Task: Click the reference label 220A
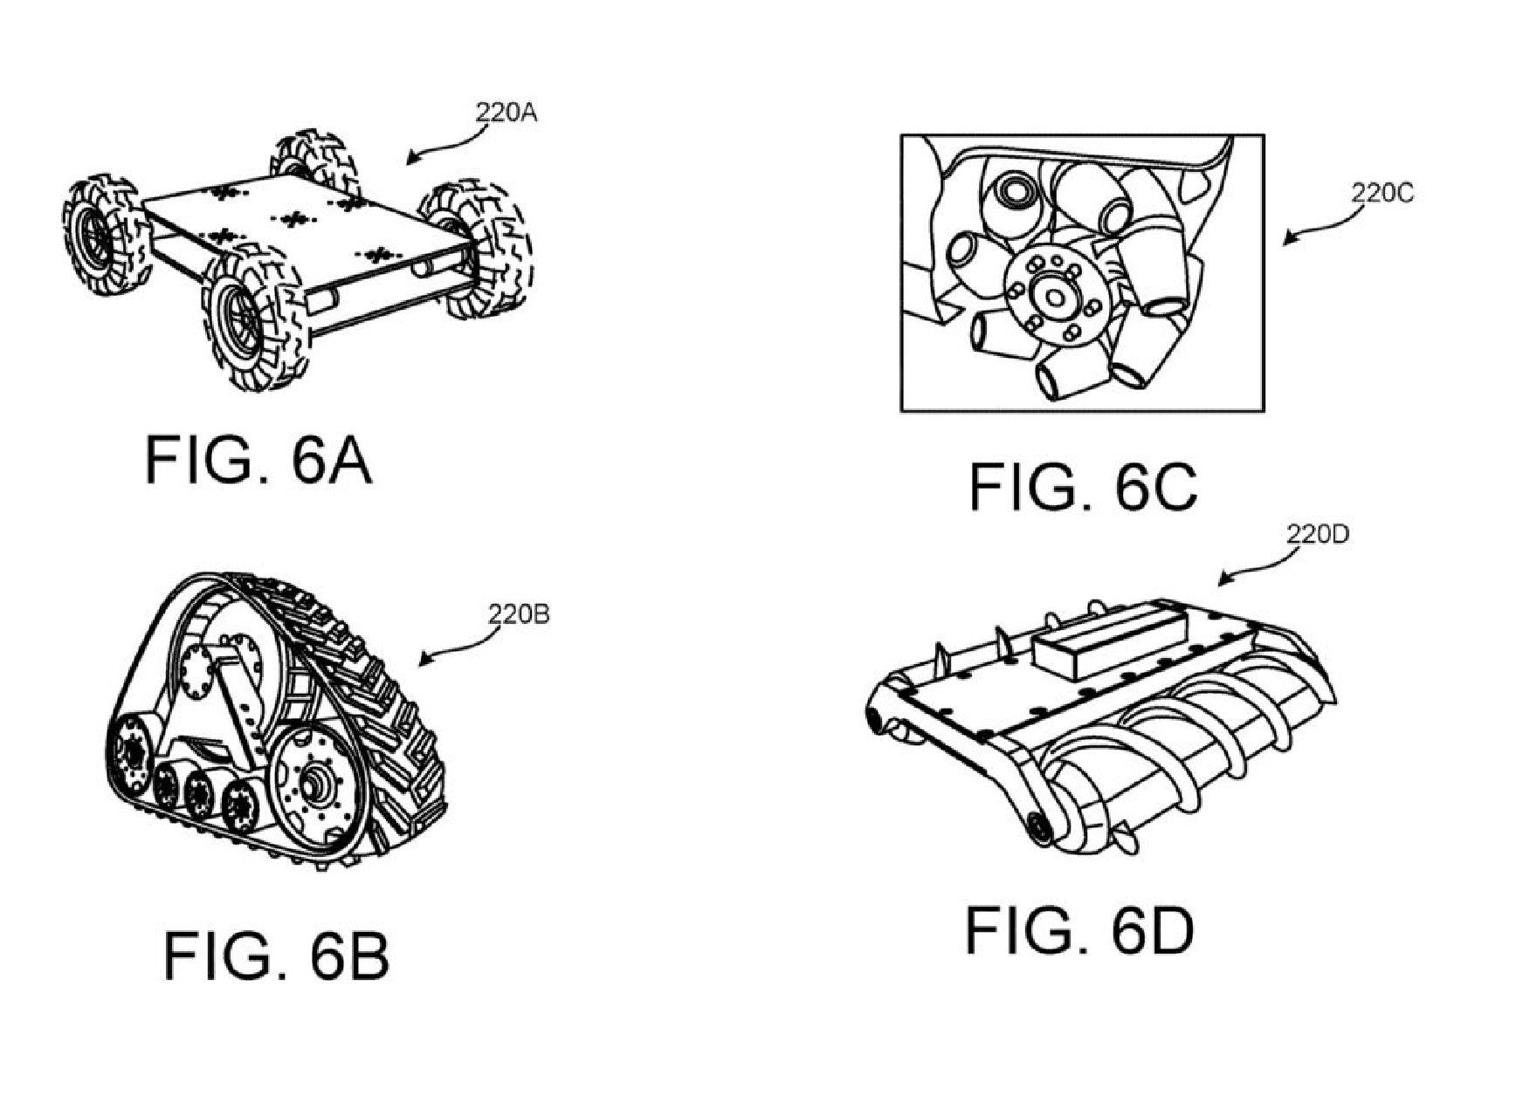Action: (506, 113)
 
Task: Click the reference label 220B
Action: (519, 615)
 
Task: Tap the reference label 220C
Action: (1382, 194)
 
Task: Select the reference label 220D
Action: (1318, 535)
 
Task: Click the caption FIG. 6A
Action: (258, 460)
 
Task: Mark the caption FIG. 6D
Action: (1079, 930)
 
